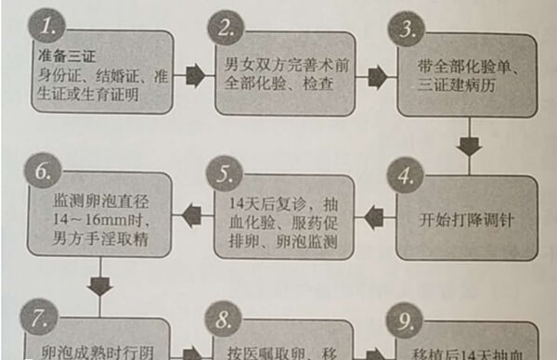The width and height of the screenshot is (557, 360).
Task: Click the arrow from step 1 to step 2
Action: coord(194,74)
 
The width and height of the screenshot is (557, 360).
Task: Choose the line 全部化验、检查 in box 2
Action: coord(276,84)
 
